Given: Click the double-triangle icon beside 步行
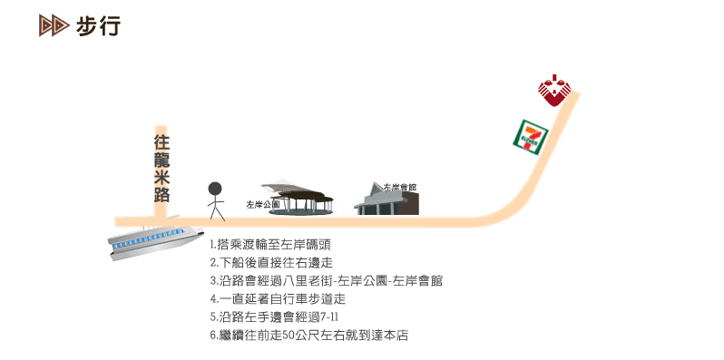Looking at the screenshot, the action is point(54,26).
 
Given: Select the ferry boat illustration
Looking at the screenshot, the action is point(152,238).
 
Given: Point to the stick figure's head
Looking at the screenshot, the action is point(215,189).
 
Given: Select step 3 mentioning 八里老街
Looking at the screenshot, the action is point(326,280).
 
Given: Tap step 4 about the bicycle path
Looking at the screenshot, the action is point(278,298).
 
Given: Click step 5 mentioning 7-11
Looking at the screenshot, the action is point(274,316).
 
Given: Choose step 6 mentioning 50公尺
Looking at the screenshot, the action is point(308,335).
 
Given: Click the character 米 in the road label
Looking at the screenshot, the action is point(161,176).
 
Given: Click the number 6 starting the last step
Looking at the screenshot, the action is point(212,336).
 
